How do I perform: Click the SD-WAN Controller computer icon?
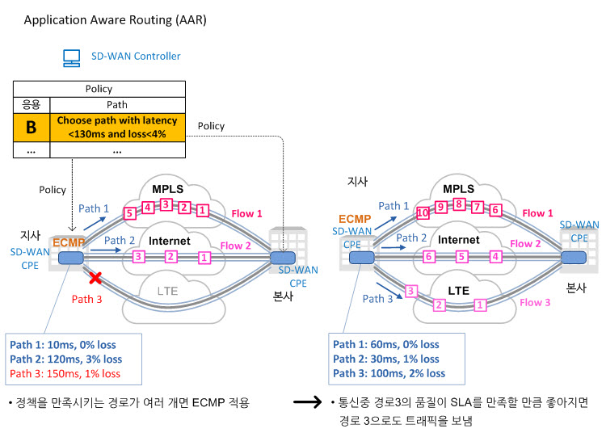[71, 58]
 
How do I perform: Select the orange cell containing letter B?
[32, 127]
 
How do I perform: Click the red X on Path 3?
[95, 277]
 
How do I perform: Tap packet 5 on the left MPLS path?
[129, 213]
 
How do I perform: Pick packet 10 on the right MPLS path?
[423, 212]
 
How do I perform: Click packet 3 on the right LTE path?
[410, 291]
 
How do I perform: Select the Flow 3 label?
[535, 303]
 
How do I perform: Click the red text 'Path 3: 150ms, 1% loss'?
[65, 374]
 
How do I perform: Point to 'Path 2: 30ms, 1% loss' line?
[386, 359]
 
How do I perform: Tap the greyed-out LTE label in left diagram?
[167, 291]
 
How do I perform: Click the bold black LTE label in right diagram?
[458, 291]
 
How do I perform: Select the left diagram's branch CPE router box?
[71, 258]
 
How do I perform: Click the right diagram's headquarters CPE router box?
[574, 258]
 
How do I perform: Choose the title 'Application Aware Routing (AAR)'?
[116, 20]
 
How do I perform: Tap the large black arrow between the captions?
[307, 401]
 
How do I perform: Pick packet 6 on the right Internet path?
[428, 257]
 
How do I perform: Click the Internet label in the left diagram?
[170, 241]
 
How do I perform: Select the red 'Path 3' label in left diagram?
[87, 299]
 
